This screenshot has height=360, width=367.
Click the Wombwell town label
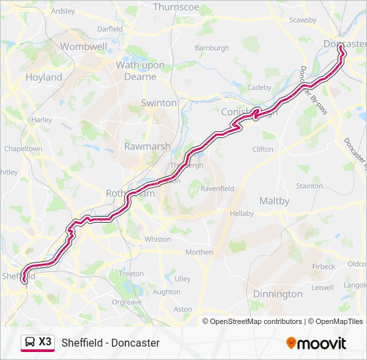(84, 47)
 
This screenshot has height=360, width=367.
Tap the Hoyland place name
(43, 77)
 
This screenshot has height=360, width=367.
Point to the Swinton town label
(159, 103)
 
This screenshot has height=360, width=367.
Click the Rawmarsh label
(147, 146)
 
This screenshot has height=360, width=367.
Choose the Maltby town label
(274, 201)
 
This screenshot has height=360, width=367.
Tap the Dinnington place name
(278, 294)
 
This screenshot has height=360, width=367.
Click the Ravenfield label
(218, 189)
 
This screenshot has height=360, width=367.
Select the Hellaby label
(242, 213)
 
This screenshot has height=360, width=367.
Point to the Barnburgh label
(212, 48)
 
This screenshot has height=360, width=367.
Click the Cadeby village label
(260, 87)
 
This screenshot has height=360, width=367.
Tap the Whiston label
(157, 239)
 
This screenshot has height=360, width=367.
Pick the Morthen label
(199, 252)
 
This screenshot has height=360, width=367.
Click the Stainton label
(309, 186)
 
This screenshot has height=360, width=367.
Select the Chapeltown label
(23, 149)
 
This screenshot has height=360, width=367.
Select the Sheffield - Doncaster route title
(111, 343)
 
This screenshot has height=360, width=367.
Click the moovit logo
(316, 343)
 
